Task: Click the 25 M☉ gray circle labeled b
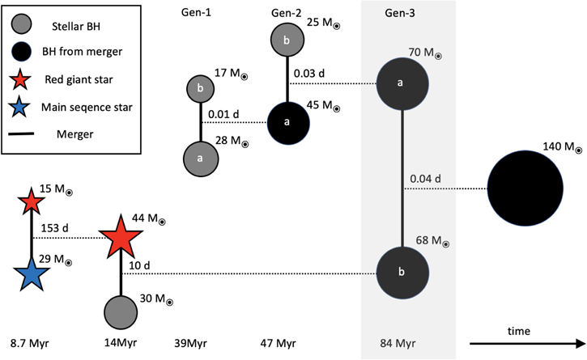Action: click(x=288, y=40)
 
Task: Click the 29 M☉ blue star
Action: click(x=32, y=275)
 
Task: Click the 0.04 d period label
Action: click(x=426, y=179)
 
